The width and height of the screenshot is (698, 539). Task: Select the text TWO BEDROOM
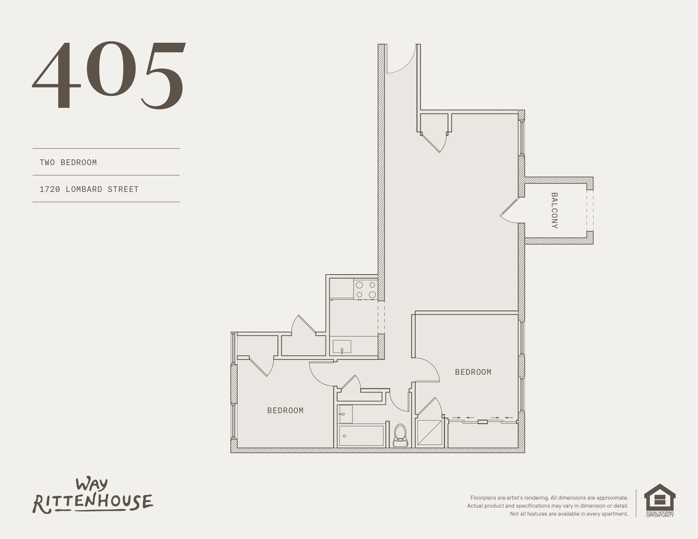68,162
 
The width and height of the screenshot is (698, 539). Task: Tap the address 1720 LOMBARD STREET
89,189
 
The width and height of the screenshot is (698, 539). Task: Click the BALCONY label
554,210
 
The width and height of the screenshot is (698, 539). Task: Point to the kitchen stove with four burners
366,289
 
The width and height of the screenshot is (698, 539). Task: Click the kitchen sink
342,346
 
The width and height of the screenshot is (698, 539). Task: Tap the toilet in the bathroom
400,435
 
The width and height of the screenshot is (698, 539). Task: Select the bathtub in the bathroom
361,436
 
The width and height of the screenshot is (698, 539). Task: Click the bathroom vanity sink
345,414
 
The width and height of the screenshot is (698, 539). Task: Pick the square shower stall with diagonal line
430,432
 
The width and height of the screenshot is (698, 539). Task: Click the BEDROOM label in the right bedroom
473,372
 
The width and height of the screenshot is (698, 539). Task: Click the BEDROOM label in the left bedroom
285,410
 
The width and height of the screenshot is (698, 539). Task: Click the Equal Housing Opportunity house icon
660,500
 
